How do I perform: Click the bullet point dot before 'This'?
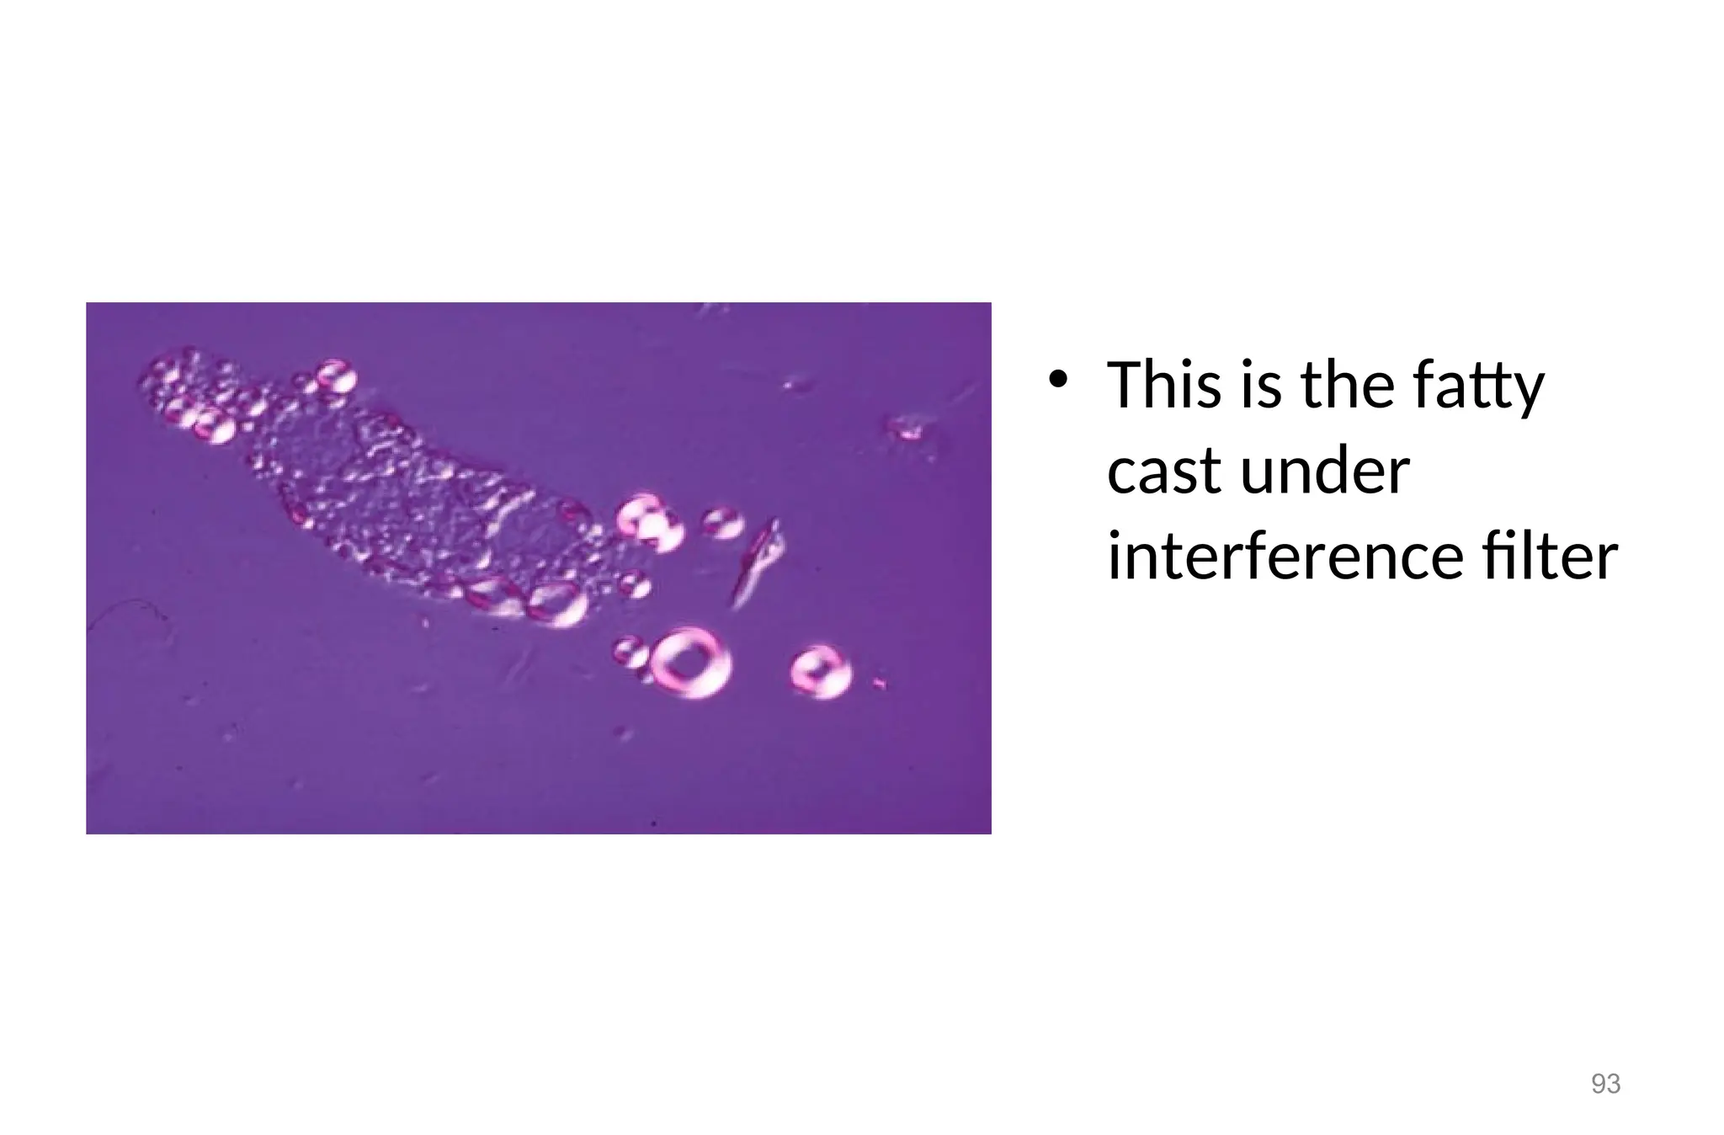pyautogui.click(x=1058, y=381)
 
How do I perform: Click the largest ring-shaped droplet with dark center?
pyautogui.click(x=691, y=663)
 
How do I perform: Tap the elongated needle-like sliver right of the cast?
pyautogui.click(x=757, y=560)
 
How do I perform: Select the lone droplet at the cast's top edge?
pyautogui.click(x=336, y=376)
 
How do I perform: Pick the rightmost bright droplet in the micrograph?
pyautogui.click(x=820, y=671)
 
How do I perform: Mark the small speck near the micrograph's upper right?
pyautogui.click(x=907, y=429)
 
